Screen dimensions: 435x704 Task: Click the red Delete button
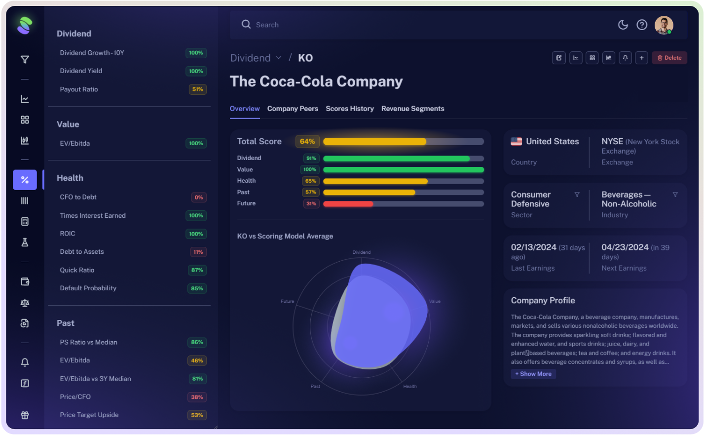[x=669, y=58]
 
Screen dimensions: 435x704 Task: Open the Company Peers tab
[x=293, y=109]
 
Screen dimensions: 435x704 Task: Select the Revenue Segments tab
[x=412, y=109]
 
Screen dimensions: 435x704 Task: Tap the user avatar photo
[x=664, y=25]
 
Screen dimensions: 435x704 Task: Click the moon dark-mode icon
[x=623, y=25]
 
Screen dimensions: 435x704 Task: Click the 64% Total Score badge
[x=307, y=142]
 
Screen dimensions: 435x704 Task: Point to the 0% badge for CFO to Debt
[x=198, y=198]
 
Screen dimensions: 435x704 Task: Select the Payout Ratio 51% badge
[x=197, y=89]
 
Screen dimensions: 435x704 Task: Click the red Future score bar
[x=348, y=203]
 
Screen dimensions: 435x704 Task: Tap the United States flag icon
[x=517, y=142]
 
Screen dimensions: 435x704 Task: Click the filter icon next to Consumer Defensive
[x=577, y=195]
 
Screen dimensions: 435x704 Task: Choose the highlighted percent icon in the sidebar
[x=25, y=180]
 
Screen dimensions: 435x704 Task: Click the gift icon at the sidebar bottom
[x=25, y=415]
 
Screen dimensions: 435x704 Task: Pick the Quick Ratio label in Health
[x=77, y=270]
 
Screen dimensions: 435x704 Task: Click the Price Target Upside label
[x=89, y=415]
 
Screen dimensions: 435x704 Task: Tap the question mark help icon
[x=642, y=25]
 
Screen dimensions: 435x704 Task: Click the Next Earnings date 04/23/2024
[x=625, y=247]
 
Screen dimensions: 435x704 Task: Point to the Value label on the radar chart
[x=435, y=301]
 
